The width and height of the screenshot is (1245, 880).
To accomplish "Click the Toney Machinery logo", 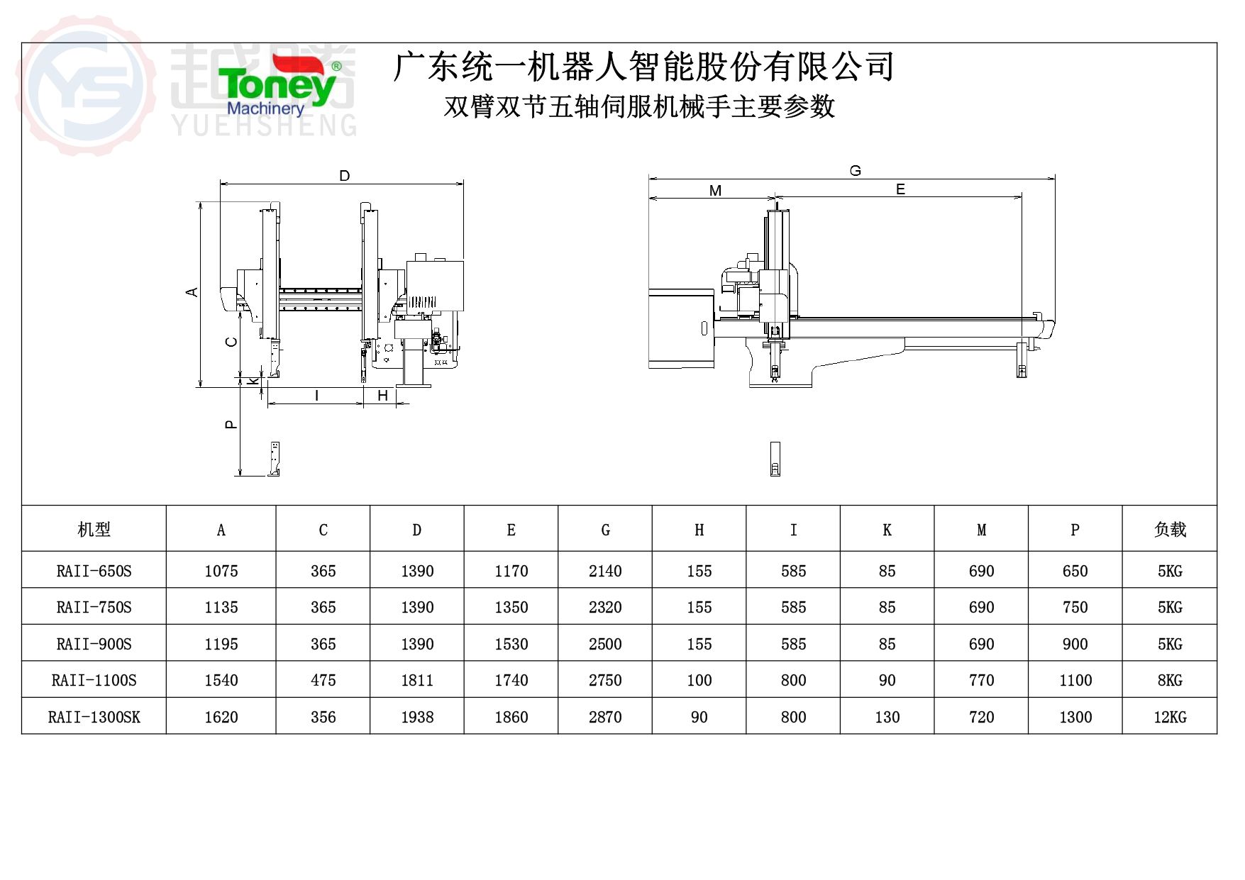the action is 279,86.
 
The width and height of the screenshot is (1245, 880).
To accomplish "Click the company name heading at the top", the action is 643,67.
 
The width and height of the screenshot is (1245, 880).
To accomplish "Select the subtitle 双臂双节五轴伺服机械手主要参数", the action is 639,107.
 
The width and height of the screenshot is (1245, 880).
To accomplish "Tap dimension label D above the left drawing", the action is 345,175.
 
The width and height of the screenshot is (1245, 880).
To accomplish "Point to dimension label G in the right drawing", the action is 856,171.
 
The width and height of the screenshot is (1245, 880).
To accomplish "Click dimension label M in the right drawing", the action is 715,190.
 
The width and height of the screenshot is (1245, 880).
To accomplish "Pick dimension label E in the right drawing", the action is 900,189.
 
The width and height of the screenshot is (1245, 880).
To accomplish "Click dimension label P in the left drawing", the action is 231,424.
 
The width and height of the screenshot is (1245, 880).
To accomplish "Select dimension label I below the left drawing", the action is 316,396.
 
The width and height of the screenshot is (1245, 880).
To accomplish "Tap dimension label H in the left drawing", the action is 383,396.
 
